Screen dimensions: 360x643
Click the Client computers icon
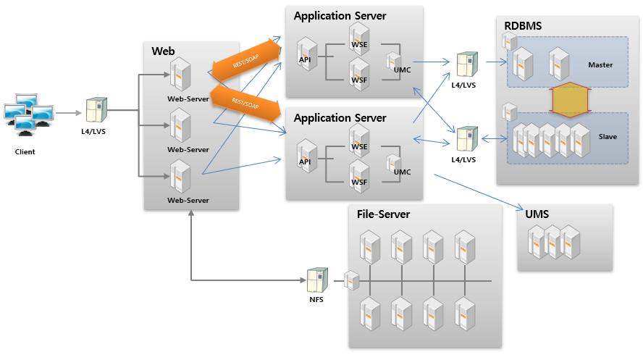pos(28,114)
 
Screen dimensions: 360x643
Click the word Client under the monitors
pos(25,152)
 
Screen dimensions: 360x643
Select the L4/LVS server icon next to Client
pos(95,109)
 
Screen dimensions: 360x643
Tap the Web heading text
pos(163,51)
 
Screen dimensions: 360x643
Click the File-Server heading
pos(384,214)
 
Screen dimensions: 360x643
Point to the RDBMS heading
pos(523,26)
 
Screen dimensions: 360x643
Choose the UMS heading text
pos(537,214)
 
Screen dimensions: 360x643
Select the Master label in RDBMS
pos(600,65)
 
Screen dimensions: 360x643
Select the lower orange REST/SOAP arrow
pos(245,106)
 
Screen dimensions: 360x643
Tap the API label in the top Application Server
pos(304,59)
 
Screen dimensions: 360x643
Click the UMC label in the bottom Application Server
pos(402,172)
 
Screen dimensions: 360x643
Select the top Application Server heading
pos(340,15)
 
